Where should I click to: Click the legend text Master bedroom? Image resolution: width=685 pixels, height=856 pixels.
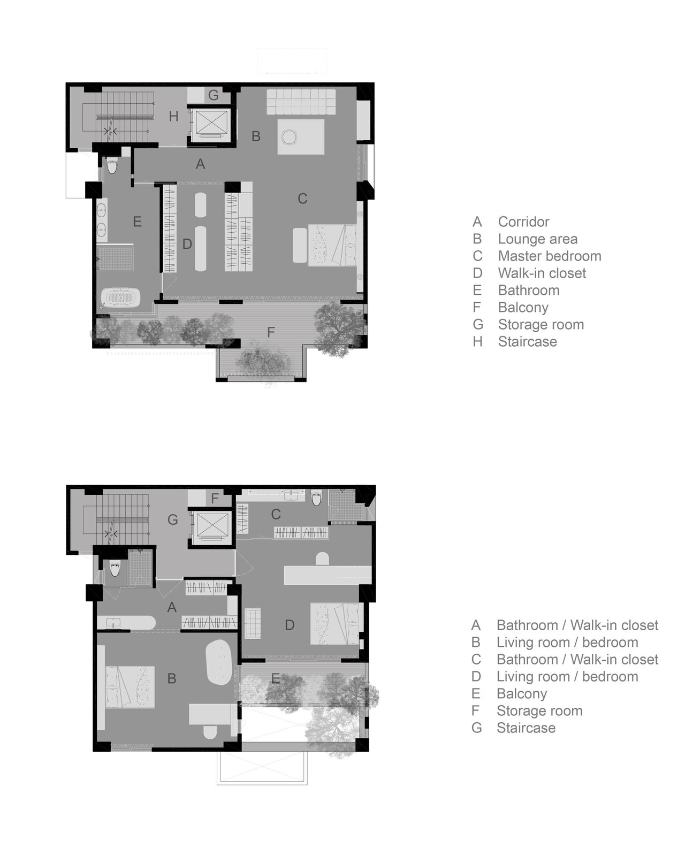pos(549,256)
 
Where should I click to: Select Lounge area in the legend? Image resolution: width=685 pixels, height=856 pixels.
pos(537,239)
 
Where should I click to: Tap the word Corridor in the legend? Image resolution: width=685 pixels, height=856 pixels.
pos(523,222)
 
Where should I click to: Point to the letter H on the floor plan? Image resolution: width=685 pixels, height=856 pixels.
pos(173,116)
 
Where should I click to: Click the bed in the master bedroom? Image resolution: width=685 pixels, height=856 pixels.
pos(332,244)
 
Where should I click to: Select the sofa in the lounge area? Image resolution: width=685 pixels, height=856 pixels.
pos(301,102)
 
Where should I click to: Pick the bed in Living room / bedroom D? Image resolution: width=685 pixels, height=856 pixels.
pos(337,623)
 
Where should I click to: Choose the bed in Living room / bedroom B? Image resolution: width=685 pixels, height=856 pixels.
pos(130,687)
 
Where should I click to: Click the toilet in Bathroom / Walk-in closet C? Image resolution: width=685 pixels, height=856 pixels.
pos(317,498)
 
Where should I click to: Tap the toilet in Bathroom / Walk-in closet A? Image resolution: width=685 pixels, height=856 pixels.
pos(115,569)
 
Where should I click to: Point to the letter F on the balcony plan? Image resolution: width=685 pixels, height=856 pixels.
pos(271,333)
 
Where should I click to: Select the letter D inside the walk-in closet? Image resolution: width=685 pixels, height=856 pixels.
pos(187,244)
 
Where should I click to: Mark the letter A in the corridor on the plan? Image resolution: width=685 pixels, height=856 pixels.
pos(200,164)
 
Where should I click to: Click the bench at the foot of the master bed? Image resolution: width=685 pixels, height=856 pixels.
pos(300,245)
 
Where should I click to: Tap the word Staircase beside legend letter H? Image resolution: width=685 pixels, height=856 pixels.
pos(527,342)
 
